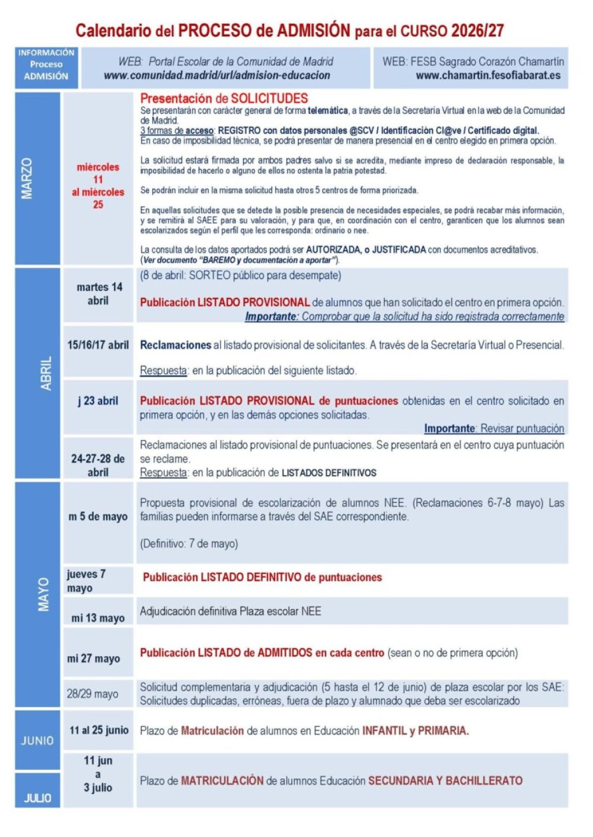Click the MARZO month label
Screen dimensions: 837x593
pos(27,178)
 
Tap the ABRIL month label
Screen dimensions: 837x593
pos(46,373)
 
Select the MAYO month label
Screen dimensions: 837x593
pos(43,595)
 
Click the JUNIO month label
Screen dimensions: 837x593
pos(37,740)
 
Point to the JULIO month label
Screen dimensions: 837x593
pos(37,798)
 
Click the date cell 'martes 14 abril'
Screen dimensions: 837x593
pos(99,294)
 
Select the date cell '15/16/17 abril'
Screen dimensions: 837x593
pos(98,345)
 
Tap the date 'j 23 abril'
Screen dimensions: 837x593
pos(98,401)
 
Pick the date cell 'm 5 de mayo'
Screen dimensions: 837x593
pos(98,517)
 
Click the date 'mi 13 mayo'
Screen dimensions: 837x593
pos(98,618)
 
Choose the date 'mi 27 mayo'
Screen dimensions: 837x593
pos(94,658)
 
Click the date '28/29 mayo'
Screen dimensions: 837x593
pos(93,694)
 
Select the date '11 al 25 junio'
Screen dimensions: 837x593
pos(99,730)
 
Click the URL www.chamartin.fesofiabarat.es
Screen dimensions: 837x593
pos(488,75)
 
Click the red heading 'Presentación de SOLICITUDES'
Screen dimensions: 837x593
pos(224,98)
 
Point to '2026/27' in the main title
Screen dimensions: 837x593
pos(477,30)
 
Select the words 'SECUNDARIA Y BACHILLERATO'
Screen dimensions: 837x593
pos(445,781)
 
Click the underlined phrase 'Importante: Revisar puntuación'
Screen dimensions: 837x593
pos(494,428)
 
